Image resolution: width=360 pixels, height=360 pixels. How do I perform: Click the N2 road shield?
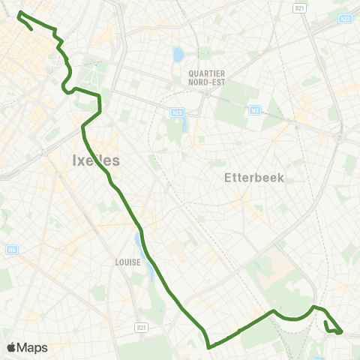pos(254,111)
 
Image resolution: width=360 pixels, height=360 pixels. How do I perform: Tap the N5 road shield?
pos(12,250)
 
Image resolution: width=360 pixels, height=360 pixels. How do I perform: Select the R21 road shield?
pos(141,328)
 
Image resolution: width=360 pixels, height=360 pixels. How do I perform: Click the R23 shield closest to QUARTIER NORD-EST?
pos(176,112)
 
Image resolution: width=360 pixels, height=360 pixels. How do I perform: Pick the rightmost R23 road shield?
pos(344,18)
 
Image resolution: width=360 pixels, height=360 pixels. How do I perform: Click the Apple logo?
pos(12,347)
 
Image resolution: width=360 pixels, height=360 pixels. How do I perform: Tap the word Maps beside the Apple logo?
pos(33,347)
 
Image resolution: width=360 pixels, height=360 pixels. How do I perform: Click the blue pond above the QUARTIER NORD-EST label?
pos(178,55)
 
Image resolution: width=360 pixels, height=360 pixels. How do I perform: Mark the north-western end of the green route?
pos(19,13)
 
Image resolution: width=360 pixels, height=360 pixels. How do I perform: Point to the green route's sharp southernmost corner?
pos(208,346)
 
